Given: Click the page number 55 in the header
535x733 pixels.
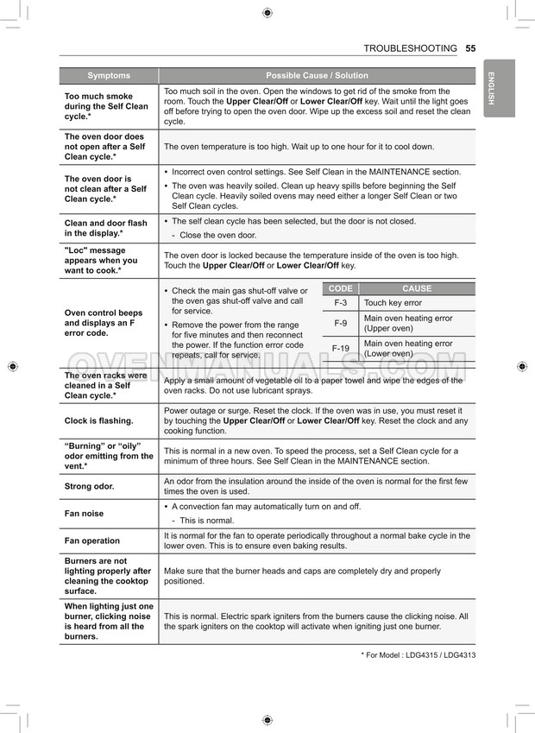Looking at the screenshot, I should point(470,48).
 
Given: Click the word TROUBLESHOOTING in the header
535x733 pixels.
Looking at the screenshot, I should point(410,48).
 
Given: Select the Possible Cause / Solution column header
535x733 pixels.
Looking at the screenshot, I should point(317,76).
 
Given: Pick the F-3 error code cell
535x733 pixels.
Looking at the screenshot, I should point(340,303).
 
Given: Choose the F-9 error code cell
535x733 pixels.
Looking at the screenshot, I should point(340,323).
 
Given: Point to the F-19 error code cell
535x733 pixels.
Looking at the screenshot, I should point(340,348).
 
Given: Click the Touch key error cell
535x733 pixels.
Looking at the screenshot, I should point(393,303).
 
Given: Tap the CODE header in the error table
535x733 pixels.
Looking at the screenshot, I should point(340,288).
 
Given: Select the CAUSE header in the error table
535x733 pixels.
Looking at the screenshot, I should point(417,288).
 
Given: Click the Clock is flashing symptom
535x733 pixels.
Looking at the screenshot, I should point(99,421).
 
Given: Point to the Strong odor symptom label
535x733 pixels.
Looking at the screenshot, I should point(89,486).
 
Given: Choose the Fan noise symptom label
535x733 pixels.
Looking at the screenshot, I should point(84,514).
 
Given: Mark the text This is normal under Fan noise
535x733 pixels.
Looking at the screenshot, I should point(206,521).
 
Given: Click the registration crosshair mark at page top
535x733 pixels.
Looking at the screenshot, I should point(267,12).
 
